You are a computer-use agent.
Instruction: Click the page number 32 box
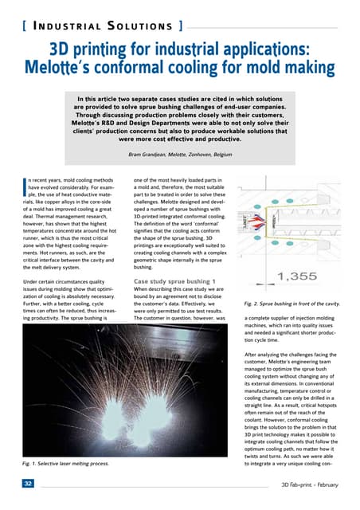coord(29,484)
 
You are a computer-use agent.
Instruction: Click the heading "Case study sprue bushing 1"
coord(177,283)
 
